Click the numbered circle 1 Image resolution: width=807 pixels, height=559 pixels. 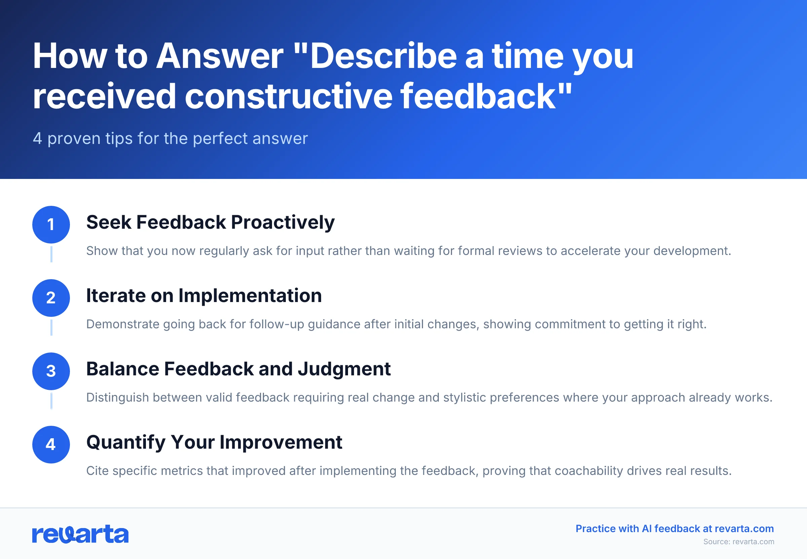pyautogui.click(x=51, y=225)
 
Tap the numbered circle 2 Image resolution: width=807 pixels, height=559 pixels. pyautogui.click(x=51, y=298)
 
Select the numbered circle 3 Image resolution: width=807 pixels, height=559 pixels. pyautogui.click(x=51, y=371)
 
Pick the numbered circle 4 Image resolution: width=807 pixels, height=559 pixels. pyautogui.click(x=51, y=444)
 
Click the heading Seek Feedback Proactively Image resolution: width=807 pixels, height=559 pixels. pyautogui.click(x=210, y=222)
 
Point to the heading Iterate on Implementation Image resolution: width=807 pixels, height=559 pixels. pyautogui.click(x=204, y=296)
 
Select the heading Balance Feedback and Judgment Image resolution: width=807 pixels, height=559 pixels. pyautogui.click(x=238, y=369)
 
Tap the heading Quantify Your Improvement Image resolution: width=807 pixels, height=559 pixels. pyautogui.click(x=214, y=442)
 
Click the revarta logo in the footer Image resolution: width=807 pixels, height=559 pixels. pyautogui.click(x=80, y=534)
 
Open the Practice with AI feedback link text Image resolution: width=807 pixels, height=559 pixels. pyautogui.click(x=674, y=528)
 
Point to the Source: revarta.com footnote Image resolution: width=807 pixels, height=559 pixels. pyautogui.click(x=738, y=542)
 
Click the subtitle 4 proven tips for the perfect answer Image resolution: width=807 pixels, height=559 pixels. pyautogui.click(x=170, y=138)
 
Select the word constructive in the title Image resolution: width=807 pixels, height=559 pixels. pyautogui.click(x=289, y=96)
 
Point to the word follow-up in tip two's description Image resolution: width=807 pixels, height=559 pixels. pyautogui.click(x=277, y=324)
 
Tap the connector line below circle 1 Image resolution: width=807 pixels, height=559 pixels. pyautogui.click(x=51, y=254)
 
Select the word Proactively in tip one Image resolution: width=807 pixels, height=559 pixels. pyautogui.click(x=282, y=222)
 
